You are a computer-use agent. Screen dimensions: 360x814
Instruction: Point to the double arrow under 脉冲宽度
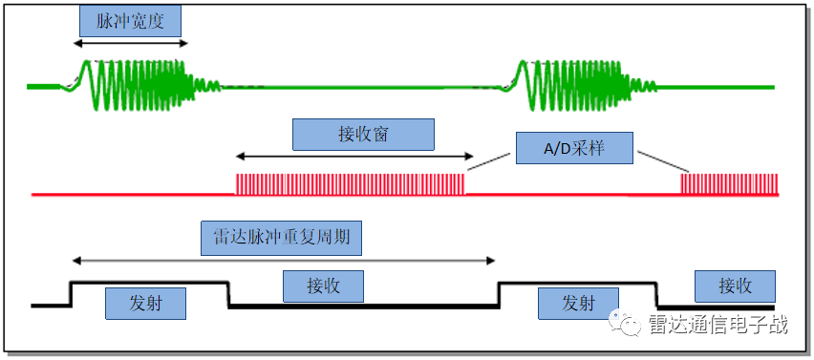pos(131,43)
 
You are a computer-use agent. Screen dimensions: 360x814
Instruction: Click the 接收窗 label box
pos(362,135)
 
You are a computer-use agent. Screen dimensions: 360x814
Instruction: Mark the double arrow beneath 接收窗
pos(354,156)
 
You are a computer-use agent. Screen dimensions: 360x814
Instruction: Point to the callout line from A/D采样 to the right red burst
pos(659,160)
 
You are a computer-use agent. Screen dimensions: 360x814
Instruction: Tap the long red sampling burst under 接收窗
pos(350,183)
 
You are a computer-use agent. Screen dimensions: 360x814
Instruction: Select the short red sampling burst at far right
pos(730,183)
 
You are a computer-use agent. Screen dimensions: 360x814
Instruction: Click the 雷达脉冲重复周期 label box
pos(281,238)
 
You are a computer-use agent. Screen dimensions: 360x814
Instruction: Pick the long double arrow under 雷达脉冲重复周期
pos(284,260)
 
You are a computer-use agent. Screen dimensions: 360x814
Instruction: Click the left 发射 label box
pos(145,304)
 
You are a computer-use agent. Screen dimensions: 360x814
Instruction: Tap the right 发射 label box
pos(578,304)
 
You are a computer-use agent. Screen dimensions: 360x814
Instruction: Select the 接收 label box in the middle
pos(325,286)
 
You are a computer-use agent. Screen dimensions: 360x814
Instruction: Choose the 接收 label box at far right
pos(735,286)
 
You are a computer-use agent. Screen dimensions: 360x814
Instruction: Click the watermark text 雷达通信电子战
pos(718,325)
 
